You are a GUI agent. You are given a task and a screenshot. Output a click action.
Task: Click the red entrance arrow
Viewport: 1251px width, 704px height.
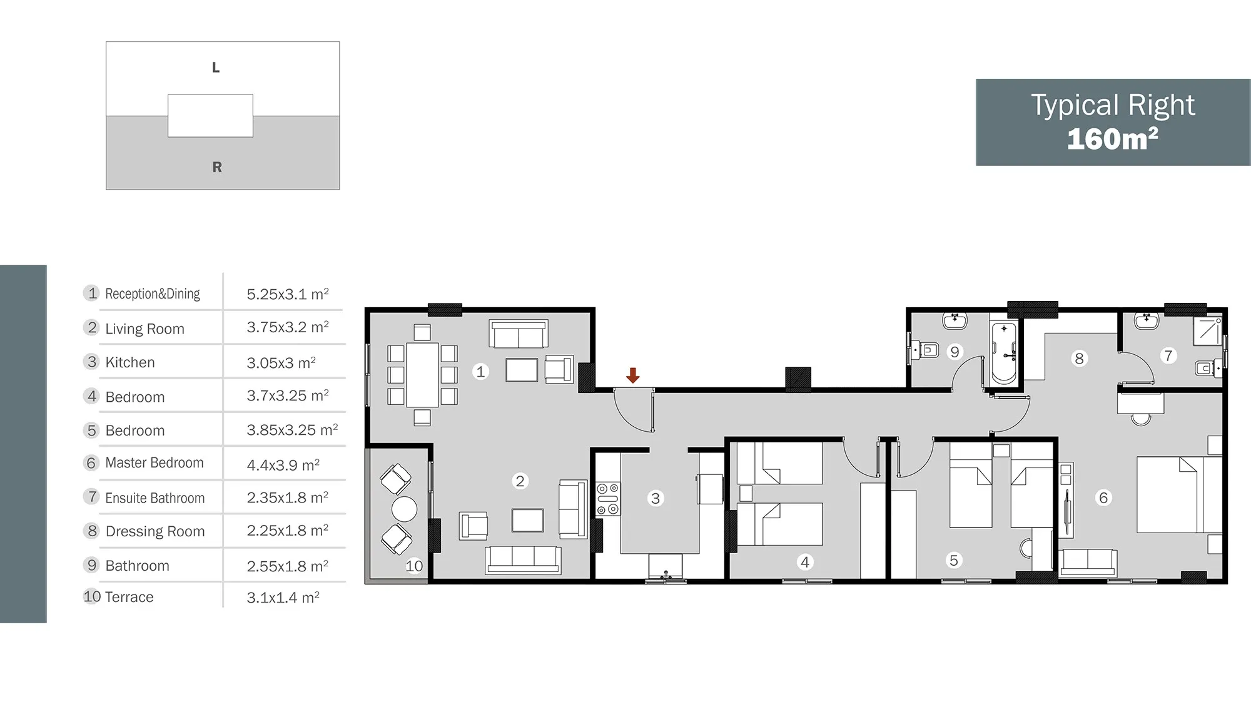pos(632,375)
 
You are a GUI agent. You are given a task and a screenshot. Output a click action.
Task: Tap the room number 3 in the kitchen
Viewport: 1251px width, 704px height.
pos(655,498)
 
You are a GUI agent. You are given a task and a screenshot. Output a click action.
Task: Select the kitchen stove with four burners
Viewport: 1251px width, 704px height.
pos(607,499)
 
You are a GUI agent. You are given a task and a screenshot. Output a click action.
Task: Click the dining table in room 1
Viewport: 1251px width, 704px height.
pos(422,375)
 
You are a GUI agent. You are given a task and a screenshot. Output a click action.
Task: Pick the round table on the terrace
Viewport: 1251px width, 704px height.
pos(404,509)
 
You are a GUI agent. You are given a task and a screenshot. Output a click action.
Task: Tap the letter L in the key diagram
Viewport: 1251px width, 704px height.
pos(216,68)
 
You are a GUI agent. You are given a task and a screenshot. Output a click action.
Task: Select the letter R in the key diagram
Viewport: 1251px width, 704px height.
pos(217,167)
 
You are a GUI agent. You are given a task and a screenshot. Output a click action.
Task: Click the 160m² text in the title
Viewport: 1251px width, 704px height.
pos(1113,138)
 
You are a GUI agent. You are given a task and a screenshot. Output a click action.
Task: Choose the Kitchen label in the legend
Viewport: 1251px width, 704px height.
pos(130,362)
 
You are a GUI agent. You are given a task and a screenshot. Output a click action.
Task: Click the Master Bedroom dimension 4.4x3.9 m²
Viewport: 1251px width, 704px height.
pos(283,465)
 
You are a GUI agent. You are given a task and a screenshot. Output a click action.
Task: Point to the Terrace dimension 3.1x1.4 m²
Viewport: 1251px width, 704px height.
pos(283,598)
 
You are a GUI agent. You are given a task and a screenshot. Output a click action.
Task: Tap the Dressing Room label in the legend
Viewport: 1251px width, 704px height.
pos(155,531)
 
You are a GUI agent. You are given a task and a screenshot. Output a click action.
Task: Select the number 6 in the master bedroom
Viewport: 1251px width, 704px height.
pos(1103,497)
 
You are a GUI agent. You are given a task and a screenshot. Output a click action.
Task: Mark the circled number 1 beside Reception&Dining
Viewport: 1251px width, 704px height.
pos(92,293)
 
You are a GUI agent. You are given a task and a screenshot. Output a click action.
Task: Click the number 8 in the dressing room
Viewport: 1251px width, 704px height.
pos(1079,359)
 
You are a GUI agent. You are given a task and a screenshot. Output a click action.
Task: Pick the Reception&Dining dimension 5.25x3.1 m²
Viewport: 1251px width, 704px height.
pos(288,294)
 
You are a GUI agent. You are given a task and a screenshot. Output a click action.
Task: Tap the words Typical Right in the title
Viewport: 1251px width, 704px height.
pos(1113,106)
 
